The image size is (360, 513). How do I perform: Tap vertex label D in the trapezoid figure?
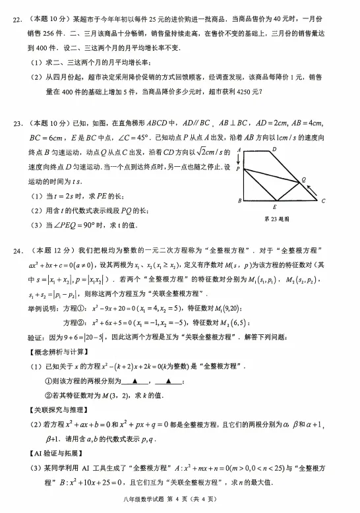(x=274, y=150)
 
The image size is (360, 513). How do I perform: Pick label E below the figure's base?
(x=274, y=207)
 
